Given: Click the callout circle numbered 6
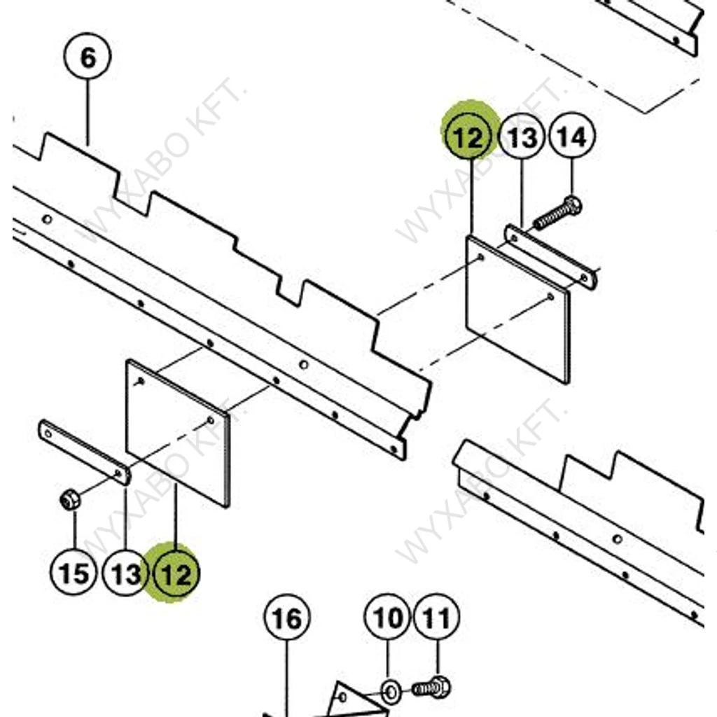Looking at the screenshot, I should pyautogui.click(x=88, y=58).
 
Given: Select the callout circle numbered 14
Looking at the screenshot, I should pyautogui.click(x=572, y=138).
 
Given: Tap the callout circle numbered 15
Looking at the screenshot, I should pyautogui.click(x=74, y=573).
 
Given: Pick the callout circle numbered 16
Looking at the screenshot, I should pyautogui.click(x=286, y=619).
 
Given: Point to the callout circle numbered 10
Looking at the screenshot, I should pyautogui.click(x=389, y=618).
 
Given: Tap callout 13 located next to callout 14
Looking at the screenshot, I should pyautogui.click(x=522, y=138).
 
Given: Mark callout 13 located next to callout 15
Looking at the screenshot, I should pyautogui.click(x=126, y=575).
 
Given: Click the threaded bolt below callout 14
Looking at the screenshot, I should pyautogui.click(x=557, y=214).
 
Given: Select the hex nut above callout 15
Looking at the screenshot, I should pyautogui.click(x=69, y=500).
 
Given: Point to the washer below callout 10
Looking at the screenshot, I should pyautogui.click(x=391, y=693).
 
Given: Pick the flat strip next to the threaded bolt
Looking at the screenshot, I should pyautogui.click(x=550, y=257).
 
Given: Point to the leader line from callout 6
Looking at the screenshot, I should pyautogui.click(x=88, y=112).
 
